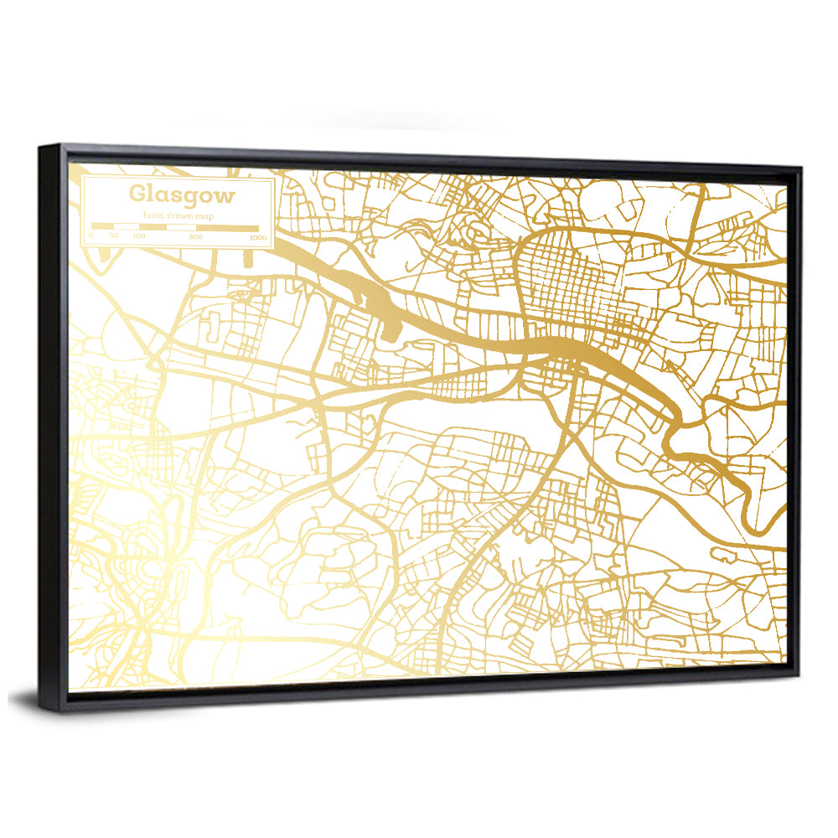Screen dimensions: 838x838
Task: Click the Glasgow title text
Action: [x=182, y=195]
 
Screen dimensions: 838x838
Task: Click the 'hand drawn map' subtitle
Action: [x=178, y=215]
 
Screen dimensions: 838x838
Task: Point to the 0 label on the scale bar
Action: [x=91, y=236]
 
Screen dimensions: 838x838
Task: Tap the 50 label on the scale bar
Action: [x=114, y=236]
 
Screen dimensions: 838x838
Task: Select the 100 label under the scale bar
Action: [x=139, y=237]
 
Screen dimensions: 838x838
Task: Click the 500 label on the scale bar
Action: [x=196, y=238]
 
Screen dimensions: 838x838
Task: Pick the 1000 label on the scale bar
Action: [x=257, y=239]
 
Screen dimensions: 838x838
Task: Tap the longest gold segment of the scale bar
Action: [x=228, y=228]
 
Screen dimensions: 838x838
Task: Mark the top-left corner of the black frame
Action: [x=39, y=146]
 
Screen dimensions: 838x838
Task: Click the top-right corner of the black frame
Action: [x=800, y=168]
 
